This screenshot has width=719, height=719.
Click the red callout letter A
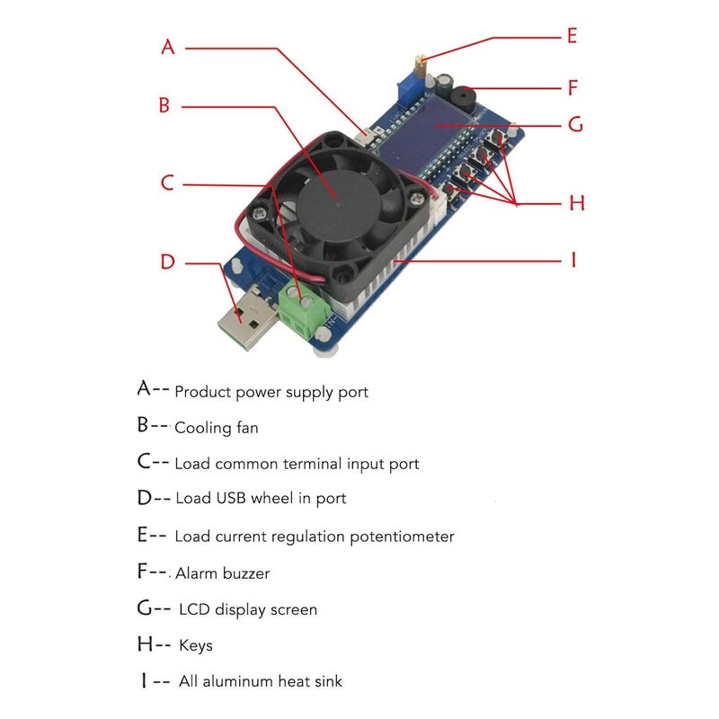[x=168, y=48]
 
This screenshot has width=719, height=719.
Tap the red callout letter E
[x=572, y=37]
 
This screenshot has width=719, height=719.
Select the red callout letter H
[x=576, y=203]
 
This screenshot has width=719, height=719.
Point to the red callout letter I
[x=573, y=261]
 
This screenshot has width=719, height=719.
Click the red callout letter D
[x=168, y=262]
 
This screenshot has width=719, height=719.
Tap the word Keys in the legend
[x=196, y=645]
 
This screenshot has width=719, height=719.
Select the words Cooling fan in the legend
[x=216, y=428]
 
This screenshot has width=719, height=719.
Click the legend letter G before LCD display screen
[x=148, y=608]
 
